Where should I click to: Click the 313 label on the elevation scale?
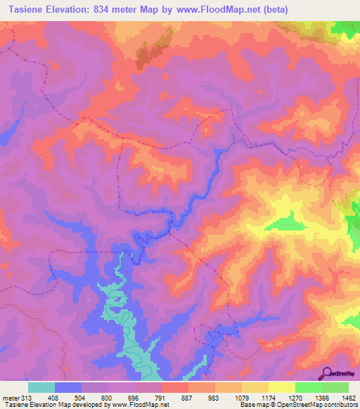tap(20, 397)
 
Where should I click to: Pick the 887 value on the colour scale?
tap(187, 397)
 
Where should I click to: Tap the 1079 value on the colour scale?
tap(240, 397)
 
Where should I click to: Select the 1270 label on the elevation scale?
tap(294, 397)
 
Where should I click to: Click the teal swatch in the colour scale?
tap(41, 387)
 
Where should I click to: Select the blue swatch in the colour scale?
tap(68, 387)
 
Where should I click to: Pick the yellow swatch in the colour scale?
tap(281, 387)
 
